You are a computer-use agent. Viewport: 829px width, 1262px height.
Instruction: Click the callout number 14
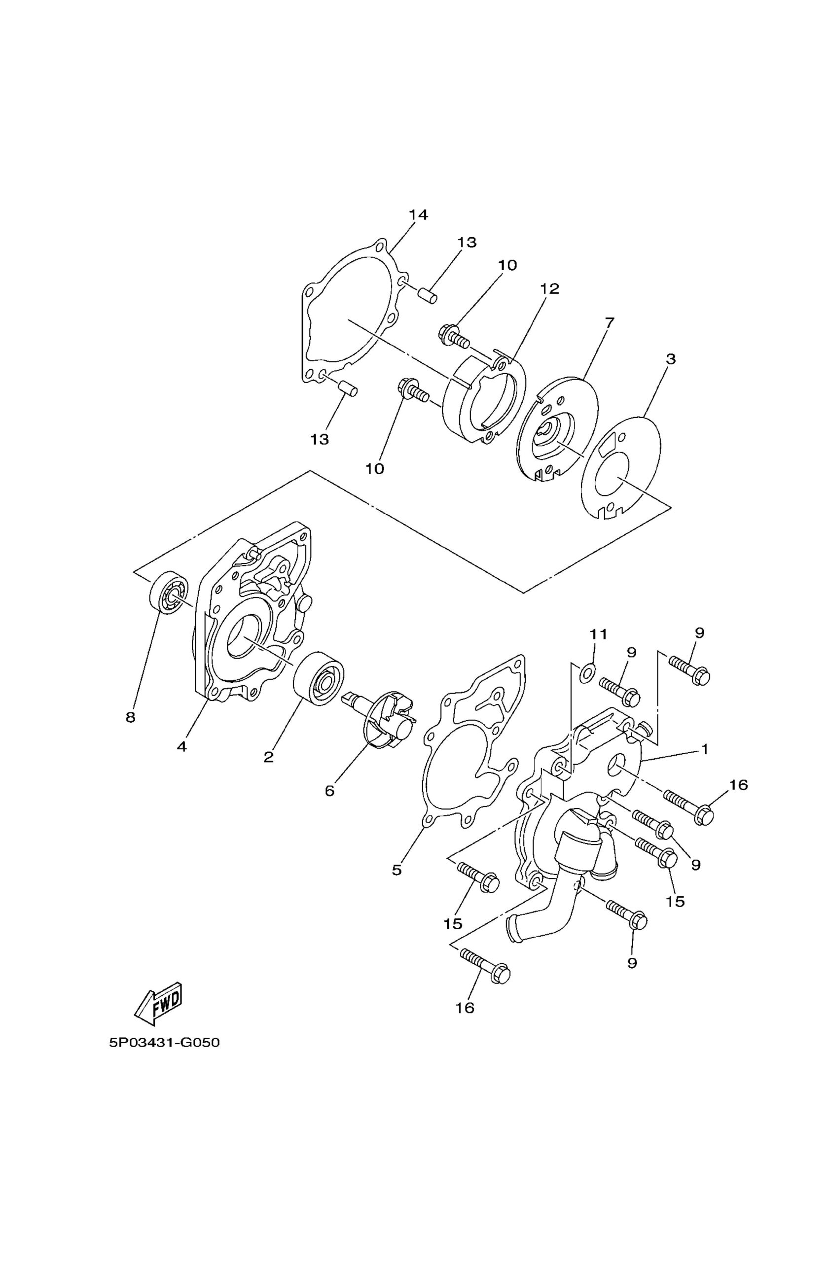pos(418,215)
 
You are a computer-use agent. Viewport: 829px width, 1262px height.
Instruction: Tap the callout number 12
pos(550,288)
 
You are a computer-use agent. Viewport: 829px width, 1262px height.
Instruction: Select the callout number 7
pos(609,322)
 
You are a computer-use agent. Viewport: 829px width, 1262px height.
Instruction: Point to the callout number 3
pos(671,359)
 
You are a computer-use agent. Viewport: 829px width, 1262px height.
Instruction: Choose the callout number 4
pos(182,746)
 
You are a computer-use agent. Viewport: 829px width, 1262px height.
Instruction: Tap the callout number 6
pos(329,806)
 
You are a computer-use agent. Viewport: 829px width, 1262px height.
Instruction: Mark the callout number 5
pos(396,870)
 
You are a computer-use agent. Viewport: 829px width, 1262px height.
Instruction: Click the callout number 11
pos(598,634)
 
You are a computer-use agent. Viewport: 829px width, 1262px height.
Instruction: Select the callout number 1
pos(705,749)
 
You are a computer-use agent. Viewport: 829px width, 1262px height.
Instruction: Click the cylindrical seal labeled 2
pos(319,679)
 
